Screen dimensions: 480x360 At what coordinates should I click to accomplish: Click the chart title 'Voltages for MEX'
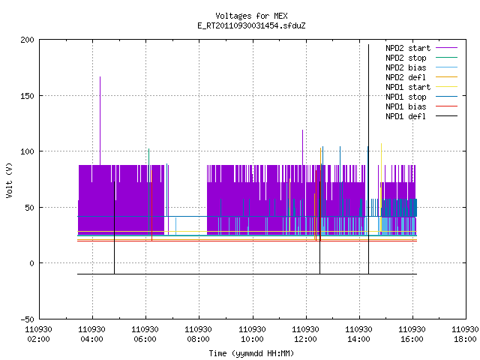pos(251,16)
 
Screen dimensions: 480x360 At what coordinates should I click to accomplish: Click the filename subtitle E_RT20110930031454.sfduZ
pos(251,25)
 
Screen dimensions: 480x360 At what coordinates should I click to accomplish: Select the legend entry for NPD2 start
pos(421,48)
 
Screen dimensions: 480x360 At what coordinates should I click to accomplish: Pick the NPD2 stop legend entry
pos(421,58)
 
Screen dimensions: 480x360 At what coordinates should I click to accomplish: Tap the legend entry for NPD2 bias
pos(421,67)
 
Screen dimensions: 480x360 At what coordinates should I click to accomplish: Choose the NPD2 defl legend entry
pos(421,77)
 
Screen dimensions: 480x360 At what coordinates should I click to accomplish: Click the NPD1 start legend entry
pos(421,87)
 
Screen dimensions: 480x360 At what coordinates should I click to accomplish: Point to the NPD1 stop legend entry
pos(421,97)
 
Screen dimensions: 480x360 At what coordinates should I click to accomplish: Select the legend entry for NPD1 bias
pos(421,106)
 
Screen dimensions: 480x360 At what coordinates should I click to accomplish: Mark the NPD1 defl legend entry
pos(421,117)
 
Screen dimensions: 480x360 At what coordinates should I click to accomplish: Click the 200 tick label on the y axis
pos(27,40)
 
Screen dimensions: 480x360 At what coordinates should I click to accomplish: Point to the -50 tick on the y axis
pos(27,319)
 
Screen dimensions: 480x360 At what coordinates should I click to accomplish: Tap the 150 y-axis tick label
pos(27,96)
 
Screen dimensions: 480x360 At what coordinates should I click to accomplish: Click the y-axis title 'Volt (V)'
pos(9,180)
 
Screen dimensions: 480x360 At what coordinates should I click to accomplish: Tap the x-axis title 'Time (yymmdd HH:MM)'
pos(251,353)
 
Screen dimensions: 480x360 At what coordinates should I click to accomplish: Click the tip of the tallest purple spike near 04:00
pos(100,76)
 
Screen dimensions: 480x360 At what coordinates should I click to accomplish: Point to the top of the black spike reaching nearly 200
pos(368,45)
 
